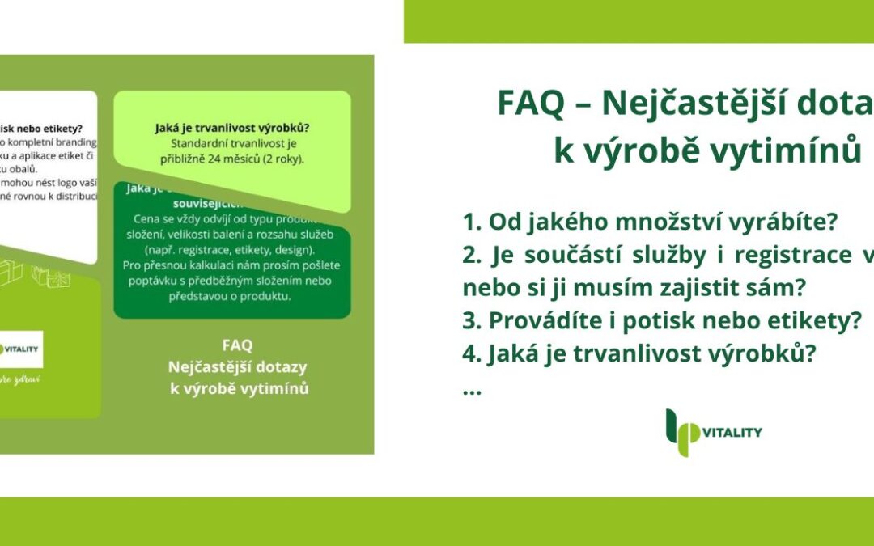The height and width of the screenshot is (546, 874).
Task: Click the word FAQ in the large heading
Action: (528, 103)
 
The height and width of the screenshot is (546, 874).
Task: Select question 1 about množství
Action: (650, 221)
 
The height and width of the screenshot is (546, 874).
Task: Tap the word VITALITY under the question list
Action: (732, 433)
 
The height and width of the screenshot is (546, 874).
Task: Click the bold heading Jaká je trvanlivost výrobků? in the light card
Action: (232, 128)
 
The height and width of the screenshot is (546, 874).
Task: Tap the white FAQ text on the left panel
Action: (237, 346)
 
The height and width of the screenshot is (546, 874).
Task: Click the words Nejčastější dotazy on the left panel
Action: (237, 367)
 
